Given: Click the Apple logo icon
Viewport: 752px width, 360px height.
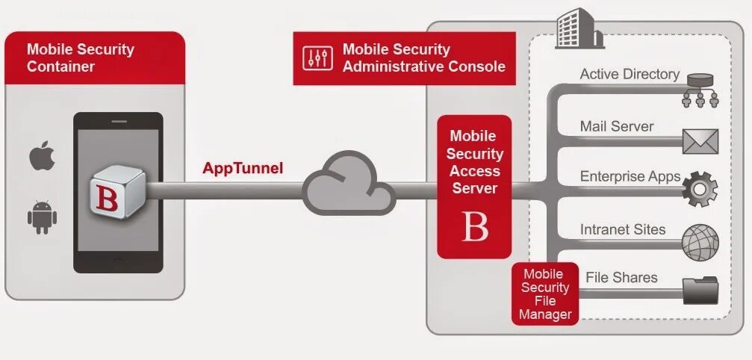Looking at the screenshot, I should click(42, 156).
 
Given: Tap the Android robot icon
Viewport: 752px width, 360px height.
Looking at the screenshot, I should click(42, 217).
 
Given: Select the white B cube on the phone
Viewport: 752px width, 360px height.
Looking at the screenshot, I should click(118, 193).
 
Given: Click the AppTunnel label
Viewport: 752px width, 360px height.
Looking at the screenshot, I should click(243, 168).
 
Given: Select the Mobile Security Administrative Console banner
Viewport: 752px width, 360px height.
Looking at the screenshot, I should click(404, 58).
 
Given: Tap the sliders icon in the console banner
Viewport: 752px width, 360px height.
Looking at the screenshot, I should click(317, 58).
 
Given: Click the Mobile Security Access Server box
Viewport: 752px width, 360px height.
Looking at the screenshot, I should click(474, 187).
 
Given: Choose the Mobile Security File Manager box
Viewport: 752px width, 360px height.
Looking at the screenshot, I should click(545, 294).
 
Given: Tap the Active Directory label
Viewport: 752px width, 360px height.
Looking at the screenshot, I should click(630, 74).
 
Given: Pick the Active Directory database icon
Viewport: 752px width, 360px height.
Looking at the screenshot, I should click(700, 88).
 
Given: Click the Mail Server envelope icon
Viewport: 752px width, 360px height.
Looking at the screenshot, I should click(700, 140).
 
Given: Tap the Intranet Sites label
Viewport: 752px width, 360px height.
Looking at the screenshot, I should click(622, 230).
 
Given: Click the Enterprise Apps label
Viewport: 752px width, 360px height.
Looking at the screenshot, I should click(630, 177).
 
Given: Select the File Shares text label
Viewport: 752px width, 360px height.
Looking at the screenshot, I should click(621, 277).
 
